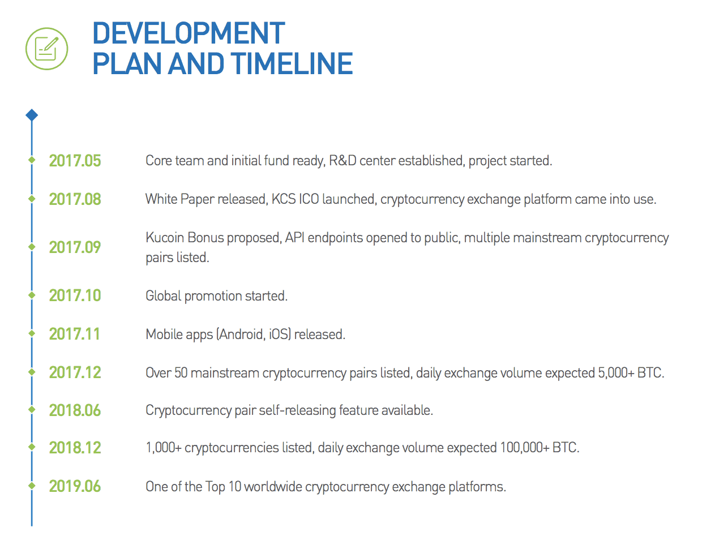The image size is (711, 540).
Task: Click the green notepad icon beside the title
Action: pyautogui.click(x=46, y=49)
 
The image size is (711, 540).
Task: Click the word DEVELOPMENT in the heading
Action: pyautogui.click(x=189, y=33)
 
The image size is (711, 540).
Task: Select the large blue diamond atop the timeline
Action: pyautogui.click(x=32, y=115)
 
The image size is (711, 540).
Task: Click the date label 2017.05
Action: pyautogui.click(x=75, y=161)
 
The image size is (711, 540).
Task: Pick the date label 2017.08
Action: pyautogui.click(x=75, y=199)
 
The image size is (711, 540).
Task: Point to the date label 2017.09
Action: pyautogui.click(x=75, y=247)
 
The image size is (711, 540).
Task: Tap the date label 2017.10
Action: pyautogui.click(x=75, y=295)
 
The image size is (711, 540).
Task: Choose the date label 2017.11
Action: pyautogui.click(x=74, y=334)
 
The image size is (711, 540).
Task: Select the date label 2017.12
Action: pyautogui.click(x=75, y=372)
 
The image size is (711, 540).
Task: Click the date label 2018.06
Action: pyautogui.click(x=75, y=410)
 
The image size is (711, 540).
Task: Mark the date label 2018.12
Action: pyautogui.click(x=75, y=448)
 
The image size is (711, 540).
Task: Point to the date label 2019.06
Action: pyautogui.click(x=75, y=486)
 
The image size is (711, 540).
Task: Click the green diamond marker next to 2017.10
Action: pyautogui.click(x=32, y=295)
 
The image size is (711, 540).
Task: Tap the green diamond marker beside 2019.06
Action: pyautogui.click(x=32, y=486)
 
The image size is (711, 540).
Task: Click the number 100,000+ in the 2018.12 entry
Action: pyautogui.click(x=525, y=448)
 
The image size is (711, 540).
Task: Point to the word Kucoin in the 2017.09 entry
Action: pyautogui.click(x=165, y=238)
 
